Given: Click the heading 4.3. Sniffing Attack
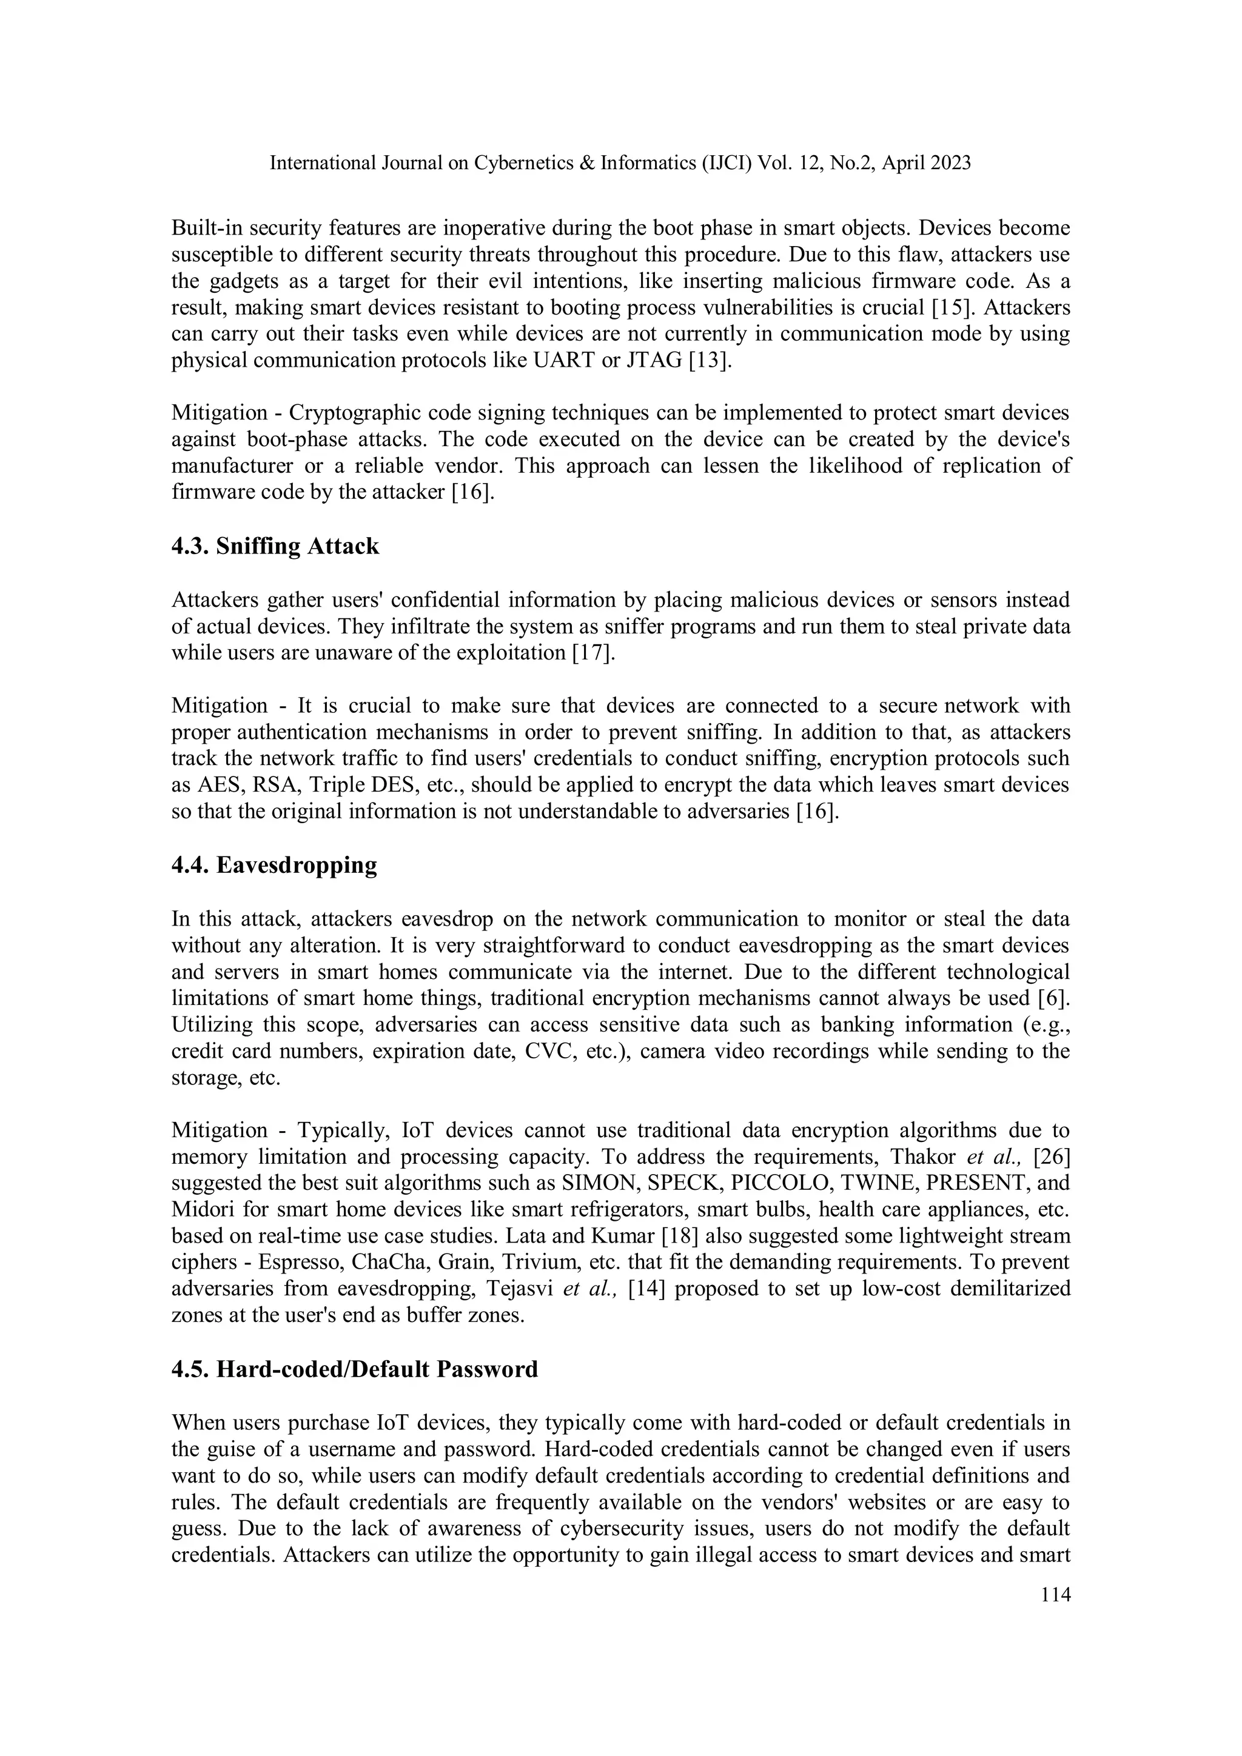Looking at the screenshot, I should click(x=275, y=546).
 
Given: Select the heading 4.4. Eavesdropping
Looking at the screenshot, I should click(x=274, y=865).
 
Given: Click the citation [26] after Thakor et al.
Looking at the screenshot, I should click(x=1052, y=1157).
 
